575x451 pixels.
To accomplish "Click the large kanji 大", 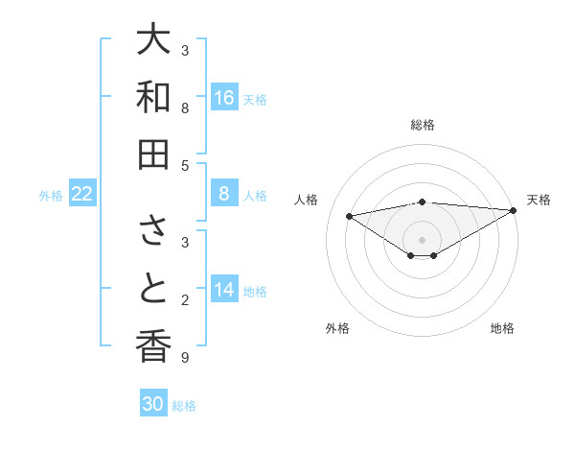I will pyautogui.click(x=154, y=40).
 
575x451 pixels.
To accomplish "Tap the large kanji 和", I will pyautogui.click(x=154, y=97).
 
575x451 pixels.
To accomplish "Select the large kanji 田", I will pyautogui.click(x=154, y=154).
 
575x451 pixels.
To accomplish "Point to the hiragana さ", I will pyautogui.click(x=154, y=231).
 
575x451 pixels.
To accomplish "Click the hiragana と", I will pyautogui.click(x=154, y=289).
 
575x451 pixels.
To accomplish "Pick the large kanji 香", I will pyautogui.click(x=154, y=346).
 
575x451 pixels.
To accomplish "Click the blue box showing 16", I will pyautogui.click(x=224, y=98).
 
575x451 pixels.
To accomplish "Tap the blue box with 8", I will pyautogui.click(x=224, y=195).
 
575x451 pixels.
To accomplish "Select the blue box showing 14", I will pyautogui.click(x=224, y=291).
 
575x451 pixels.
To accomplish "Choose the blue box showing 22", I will pyautogui.click(x=82, y=195).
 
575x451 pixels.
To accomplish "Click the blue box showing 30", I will pyautogui.click(x=153, y=405).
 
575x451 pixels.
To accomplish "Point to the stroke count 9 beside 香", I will pyautogui.click(x=185, y=358).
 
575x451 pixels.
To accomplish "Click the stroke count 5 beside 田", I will pyautogui.click(x=185, y=165).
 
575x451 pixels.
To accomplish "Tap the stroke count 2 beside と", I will pyautogui.click(x=185, y=300).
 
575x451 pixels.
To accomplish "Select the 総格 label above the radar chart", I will pyautogui.click(x=423, y=125).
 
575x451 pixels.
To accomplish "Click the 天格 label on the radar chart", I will pyautogui.click(x=539, y=200).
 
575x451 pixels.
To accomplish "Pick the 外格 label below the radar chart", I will pyautogui.click(x=337, y=328).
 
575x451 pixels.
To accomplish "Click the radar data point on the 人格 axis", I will pyautogui.click(x=349, y=215).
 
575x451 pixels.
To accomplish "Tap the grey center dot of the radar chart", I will pyautogui.click(x=423, y=239).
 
